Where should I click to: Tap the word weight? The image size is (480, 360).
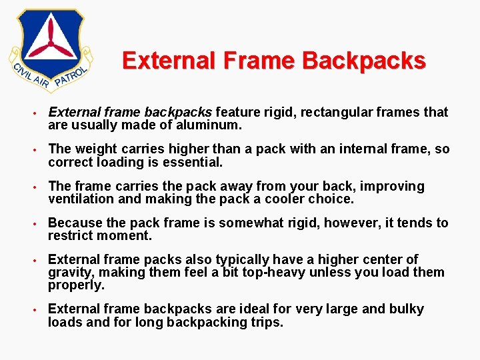[x=96, y=149]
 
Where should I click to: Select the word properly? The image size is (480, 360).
[x=76, y=285]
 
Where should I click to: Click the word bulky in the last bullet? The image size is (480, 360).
[x=404, y=309]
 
